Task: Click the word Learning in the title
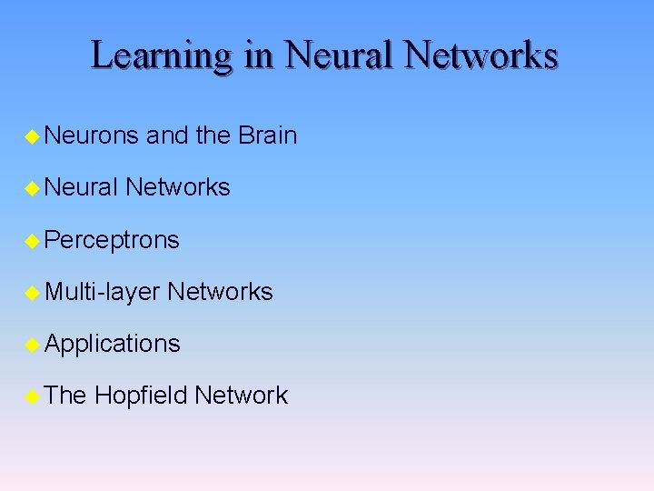pyautogui.click(x=162, y=56)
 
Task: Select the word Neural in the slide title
pyautogui.click(x=340, y=56)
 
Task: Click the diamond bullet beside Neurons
pyautogui.click(x=33, y=137)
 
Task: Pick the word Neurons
pyautogui.click(x=91, y=136)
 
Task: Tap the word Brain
pyautogui.click(x=267, y=136)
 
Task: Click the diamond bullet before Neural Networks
pyautogui.click(x=33, y=189)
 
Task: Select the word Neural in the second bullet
pyautogui.click(x=81, y=188)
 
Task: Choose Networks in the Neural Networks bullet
pyautogui.click(x=178, y=188)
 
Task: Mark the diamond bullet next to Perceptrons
pyautogui.click(x=33, y=242)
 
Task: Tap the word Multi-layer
pyautogui.click(x=102, y=292)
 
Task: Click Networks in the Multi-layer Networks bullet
pyautogui.click(x=220, y=292)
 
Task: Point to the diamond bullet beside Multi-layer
pyautogui.click(x=33, y=293)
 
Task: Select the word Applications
pyautogui.click(x=112, y=344)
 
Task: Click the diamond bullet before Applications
pyautogui.click(x=33, y=345)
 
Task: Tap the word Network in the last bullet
pyautogui.click(x=241, y=396)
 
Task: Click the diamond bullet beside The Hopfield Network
pyautogui.click(x=33, y=396)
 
